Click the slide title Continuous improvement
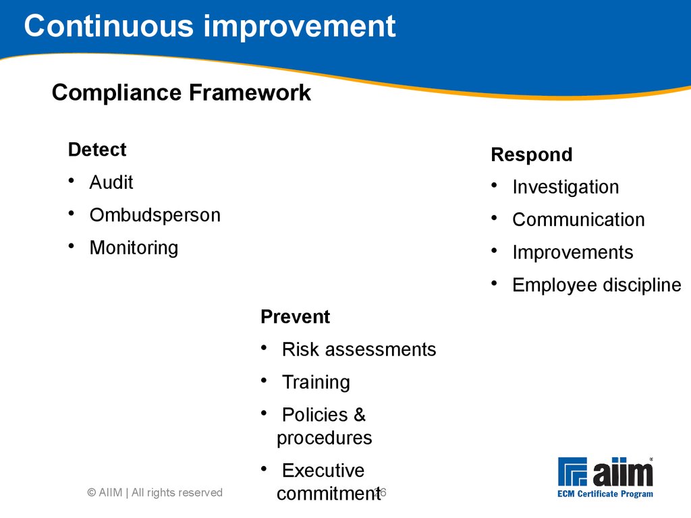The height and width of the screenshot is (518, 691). (210, 26)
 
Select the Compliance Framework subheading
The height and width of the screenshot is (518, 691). (181, 92)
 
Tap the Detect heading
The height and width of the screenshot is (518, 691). (97, 150)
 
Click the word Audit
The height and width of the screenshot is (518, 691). (111, 182)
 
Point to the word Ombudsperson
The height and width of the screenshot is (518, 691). (155, 215)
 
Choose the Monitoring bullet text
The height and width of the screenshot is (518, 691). (134, 248)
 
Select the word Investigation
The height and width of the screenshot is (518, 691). (566, 188)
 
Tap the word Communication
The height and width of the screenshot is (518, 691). (578, 220)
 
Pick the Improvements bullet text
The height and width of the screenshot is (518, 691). (573, 252)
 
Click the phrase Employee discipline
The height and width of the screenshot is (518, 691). (597, 285)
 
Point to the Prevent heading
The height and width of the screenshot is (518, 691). (296, 317)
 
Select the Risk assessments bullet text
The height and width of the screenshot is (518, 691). (359, 350)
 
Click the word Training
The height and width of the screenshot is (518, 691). (316, 382)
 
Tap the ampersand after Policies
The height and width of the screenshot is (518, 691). (360, 415)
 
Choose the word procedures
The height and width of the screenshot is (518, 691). (325, 438)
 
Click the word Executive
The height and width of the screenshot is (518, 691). (323, 471)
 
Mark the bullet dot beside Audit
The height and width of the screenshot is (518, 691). (72, 181)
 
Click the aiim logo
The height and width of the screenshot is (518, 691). (605, 478)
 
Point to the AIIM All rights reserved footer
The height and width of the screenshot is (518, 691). (155, 492)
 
